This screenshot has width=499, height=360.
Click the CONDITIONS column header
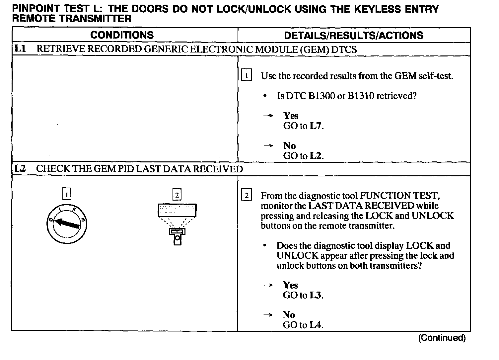[x=122, y=35]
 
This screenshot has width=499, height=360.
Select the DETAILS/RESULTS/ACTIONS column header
[x=354, y=36]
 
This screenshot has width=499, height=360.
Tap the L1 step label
[x=20, y=49]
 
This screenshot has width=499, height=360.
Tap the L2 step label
[x=20, y=168]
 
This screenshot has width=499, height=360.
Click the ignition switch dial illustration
[x=67, y=224]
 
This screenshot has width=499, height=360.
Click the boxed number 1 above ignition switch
[x=67, y=194]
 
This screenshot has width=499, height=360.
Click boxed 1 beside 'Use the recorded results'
[x=247, y=76]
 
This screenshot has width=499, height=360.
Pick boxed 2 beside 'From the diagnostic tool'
[x=247, y=195]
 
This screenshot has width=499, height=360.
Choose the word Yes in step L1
[x=291, y=116]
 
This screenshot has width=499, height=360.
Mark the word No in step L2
[x=289, y=315]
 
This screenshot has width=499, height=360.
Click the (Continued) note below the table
[x=442, y=338]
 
